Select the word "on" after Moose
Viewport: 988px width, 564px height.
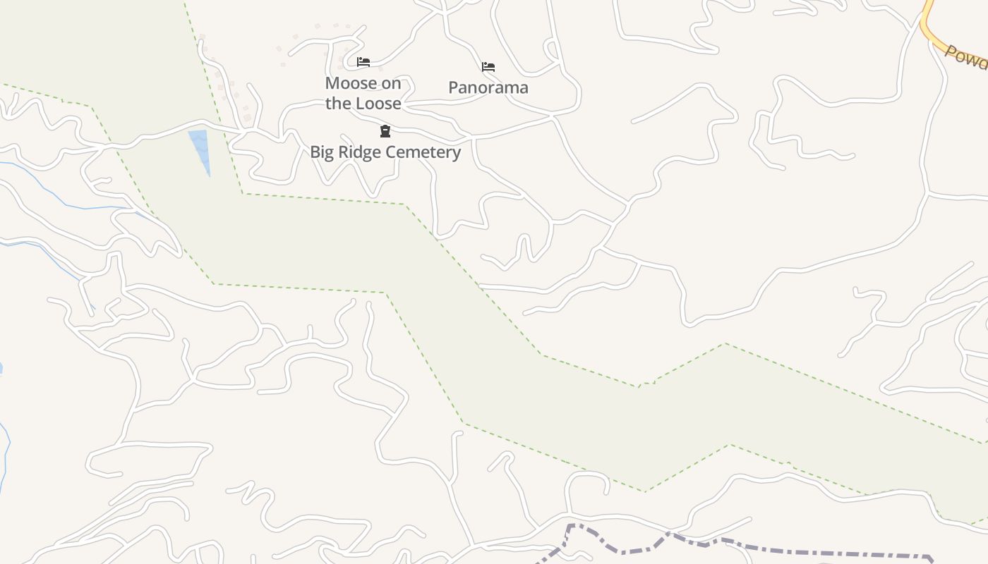(391, 83)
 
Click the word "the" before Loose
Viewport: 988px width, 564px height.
(338, 103)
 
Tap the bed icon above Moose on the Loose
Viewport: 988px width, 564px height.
(363, 62)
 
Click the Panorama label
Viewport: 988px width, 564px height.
(488, 87)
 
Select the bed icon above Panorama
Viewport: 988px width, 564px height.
(488, 67)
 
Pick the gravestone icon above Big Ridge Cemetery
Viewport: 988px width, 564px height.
(385, 131)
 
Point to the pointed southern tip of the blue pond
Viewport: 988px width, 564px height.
(209, 175)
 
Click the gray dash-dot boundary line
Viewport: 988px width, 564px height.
(776, 551)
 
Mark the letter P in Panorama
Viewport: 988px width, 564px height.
(454, 87)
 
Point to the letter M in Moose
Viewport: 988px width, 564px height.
(332, 83)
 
